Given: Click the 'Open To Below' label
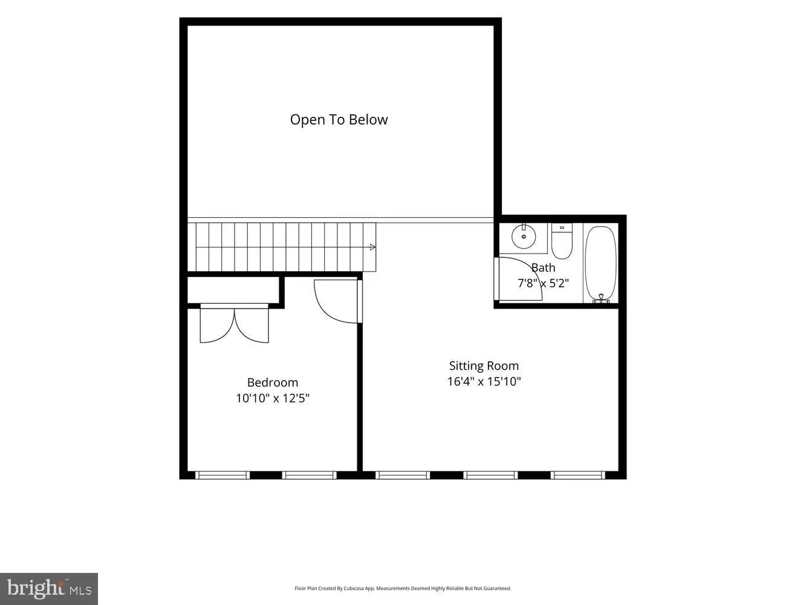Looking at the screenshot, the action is coord(339,120).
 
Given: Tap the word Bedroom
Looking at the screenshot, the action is coord(273,383).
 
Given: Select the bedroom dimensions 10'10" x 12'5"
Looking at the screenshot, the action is coord(273,398).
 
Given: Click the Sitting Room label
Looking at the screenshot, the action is coord(484,366).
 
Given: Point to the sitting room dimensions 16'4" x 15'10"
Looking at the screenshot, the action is coord(484,382).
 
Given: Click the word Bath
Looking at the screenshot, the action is coord(543,268).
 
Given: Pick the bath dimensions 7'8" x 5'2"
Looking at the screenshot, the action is coord(543,283).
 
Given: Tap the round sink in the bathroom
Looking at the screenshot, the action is coord(524,237).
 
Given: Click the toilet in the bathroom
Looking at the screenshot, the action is coord(562,241).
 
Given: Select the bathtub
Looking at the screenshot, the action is coord(601,264).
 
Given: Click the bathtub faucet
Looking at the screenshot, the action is coord(601,298).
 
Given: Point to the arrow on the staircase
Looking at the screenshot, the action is coord(372,247).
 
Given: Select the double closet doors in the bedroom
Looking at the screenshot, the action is coord(234,325).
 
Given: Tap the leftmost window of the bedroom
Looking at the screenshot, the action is coord(222,476).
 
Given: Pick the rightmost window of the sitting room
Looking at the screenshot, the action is coord(578,476).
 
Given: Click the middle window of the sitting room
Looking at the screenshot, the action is coord(490,476).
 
